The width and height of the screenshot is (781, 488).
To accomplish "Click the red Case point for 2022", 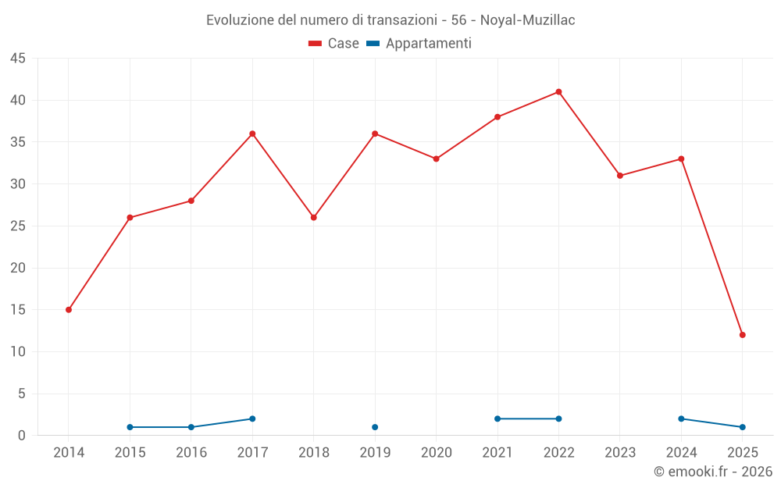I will (558, 92).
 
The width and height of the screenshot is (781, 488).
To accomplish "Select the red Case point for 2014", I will (69, 310).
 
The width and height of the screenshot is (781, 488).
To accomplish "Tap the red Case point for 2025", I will (742, 335).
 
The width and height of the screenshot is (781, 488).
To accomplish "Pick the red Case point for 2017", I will (252, 134).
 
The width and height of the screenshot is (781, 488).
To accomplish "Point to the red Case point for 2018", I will (314, 218).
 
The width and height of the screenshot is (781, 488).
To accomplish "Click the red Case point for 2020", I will (436, 159).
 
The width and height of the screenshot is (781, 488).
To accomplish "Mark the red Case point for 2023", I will (619, 176).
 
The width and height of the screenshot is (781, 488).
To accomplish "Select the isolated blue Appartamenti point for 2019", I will (375, 427).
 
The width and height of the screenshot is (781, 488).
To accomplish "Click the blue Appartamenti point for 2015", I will (130, 427).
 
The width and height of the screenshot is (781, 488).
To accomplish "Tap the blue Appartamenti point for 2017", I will (252, 419).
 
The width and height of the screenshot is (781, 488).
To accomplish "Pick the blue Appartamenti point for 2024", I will (681, 419).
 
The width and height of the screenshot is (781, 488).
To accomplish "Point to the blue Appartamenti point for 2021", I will (497, 419).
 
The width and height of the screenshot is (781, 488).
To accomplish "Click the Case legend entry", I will (334, 44).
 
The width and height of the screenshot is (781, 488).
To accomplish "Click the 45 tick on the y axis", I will (18, 59).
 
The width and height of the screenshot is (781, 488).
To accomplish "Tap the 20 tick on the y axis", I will (18, 268).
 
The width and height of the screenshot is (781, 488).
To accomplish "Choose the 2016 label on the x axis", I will (191, 453).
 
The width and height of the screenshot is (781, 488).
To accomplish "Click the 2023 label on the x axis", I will (619, 453).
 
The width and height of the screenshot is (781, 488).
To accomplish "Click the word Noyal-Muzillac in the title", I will (527, 20).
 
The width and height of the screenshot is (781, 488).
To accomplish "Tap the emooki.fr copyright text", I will (712, 472).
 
